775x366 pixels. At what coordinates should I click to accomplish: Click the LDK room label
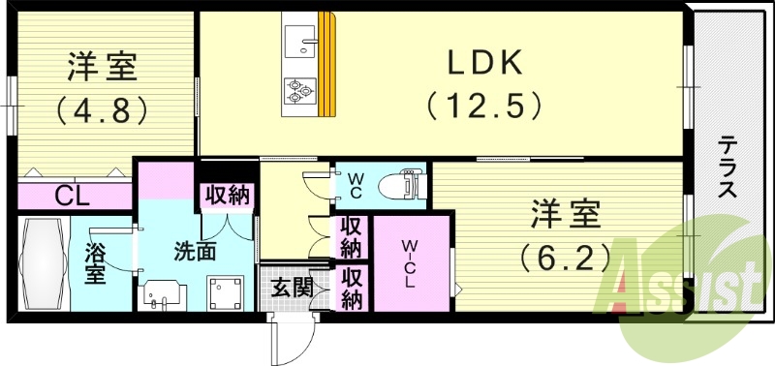pos(483,63)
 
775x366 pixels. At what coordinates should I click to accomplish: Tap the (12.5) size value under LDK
pos(483,103)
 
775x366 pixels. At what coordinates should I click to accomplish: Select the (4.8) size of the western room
pos(102,108)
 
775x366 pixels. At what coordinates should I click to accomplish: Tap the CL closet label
pos(72,197)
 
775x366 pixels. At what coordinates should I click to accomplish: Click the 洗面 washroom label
pos(194,250)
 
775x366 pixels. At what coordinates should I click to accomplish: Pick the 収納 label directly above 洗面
pos(227,195)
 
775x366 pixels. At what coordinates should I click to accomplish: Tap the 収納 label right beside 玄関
pos(352,289)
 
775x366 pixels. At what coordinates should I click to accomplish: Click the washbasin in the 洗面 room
pos(161,294)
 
